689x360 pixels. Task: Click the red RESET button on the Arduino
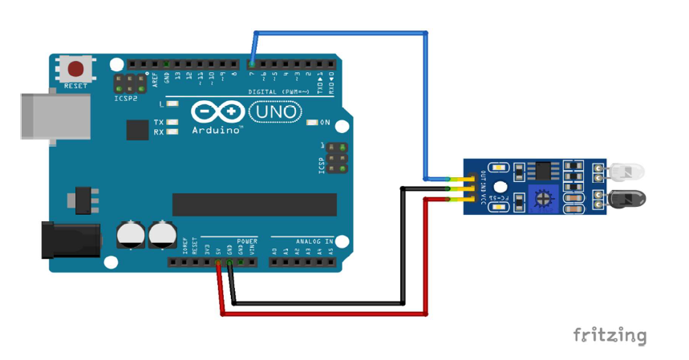pos(76,69)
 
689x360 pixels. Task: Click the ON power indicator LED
pos(312,123)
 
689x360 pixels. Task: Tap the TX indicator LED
pos(171,122)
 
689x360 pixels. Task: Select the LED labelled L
pos(171,104)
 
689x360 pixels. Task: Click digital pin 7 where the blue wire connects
pos(252,64)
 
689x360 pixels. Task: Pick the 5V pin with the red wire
pos(218,262)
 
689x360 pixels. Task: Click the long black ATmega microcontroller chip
pos(254,204)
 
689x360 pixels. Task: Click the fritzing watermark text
pos(610,334)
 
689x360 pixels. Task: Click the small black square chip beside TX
pos(137,130)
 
